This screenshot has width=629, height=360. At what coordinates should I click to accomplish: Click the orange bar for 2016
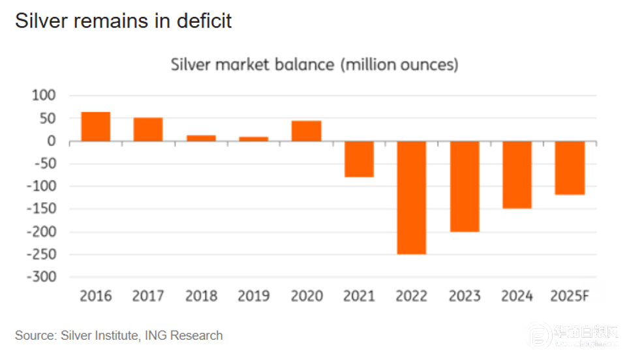(96, 127)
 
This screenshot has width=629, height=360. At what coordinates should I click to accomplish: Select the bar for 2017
(148, 129)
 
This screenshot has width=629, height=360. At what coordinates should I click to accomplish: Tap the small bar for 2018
(201, 138)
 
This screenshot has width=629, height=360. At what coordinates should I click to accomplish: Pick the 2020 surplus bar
(306, 130)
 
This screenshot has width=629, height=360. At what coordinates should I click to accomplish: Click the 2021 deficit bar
(359, 159)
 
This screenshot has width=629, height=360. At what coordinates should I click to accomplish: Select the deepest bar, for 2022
(412, 198)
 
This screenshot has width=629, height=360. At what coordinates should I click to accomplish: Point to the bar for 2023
(465, 187)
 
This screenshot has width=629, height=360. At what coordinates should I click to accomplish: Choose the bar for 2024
(517, 175)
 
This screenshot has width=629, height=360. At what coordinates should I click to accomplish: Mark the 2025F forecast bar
(570, 168)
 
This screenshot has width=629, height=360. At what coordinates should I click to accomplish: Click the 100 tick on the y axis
(44, 96)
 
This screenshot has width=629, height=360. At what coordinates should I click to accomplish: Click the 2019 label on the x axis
(254, 296)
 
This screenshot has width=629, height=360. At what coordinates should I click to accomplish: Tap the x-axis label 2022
(412, 296)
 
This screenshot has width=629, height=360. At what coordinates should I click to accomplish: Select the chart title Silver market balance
(314, 65)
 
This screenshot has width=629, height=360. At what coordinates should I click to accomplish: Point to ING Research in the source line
(184, 336)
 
